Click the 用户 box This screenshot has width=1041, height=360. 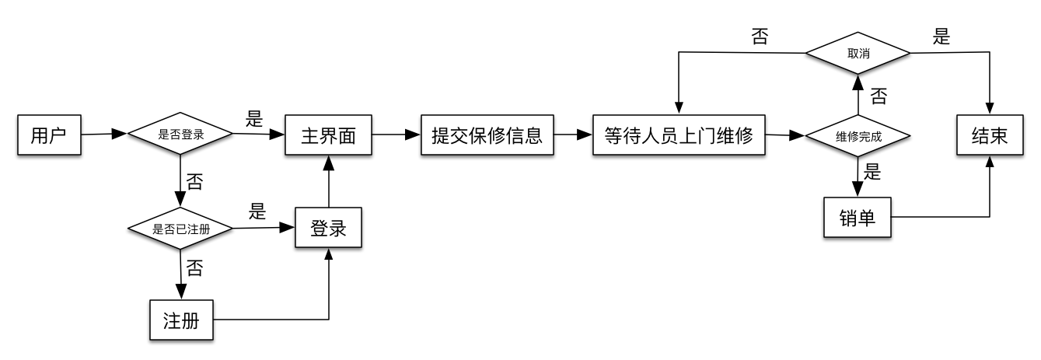(49, 135)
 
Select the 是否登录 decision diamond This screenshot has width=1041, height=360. (180, 135)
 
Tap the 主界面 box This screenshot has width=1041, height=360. (328, 135)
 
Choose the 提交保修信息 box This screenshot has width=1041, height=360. (487, 135)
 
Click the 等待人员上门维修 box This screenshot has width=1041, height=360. (679, 135)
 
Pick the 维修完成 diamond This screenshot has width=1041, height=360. (858, 137)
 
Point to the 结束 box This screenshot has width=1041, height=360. (990, 135)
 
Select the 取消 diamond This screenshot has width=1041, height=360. (858, 54)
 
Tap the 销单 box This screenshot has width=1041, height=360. (857, 218)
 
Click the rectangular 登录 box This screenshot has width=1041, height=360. (328, 229)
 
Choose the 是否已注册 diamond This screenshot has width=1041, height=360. (180, 229)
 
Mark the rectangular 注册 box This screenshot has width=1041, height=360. (181, 320)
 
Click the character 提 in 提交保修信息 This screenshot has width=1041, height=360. (441, 136)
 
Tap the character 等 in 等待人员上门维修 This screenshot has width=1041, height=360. (614, 136)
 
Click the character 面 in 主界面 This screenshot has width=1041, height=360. (347, 136)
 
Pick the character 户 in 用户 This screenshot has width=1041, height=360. (58, 136)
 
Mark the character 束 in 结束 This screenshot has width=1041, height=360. (999, 136)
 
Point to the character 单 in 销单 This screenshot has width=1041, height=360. (867, 218)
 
